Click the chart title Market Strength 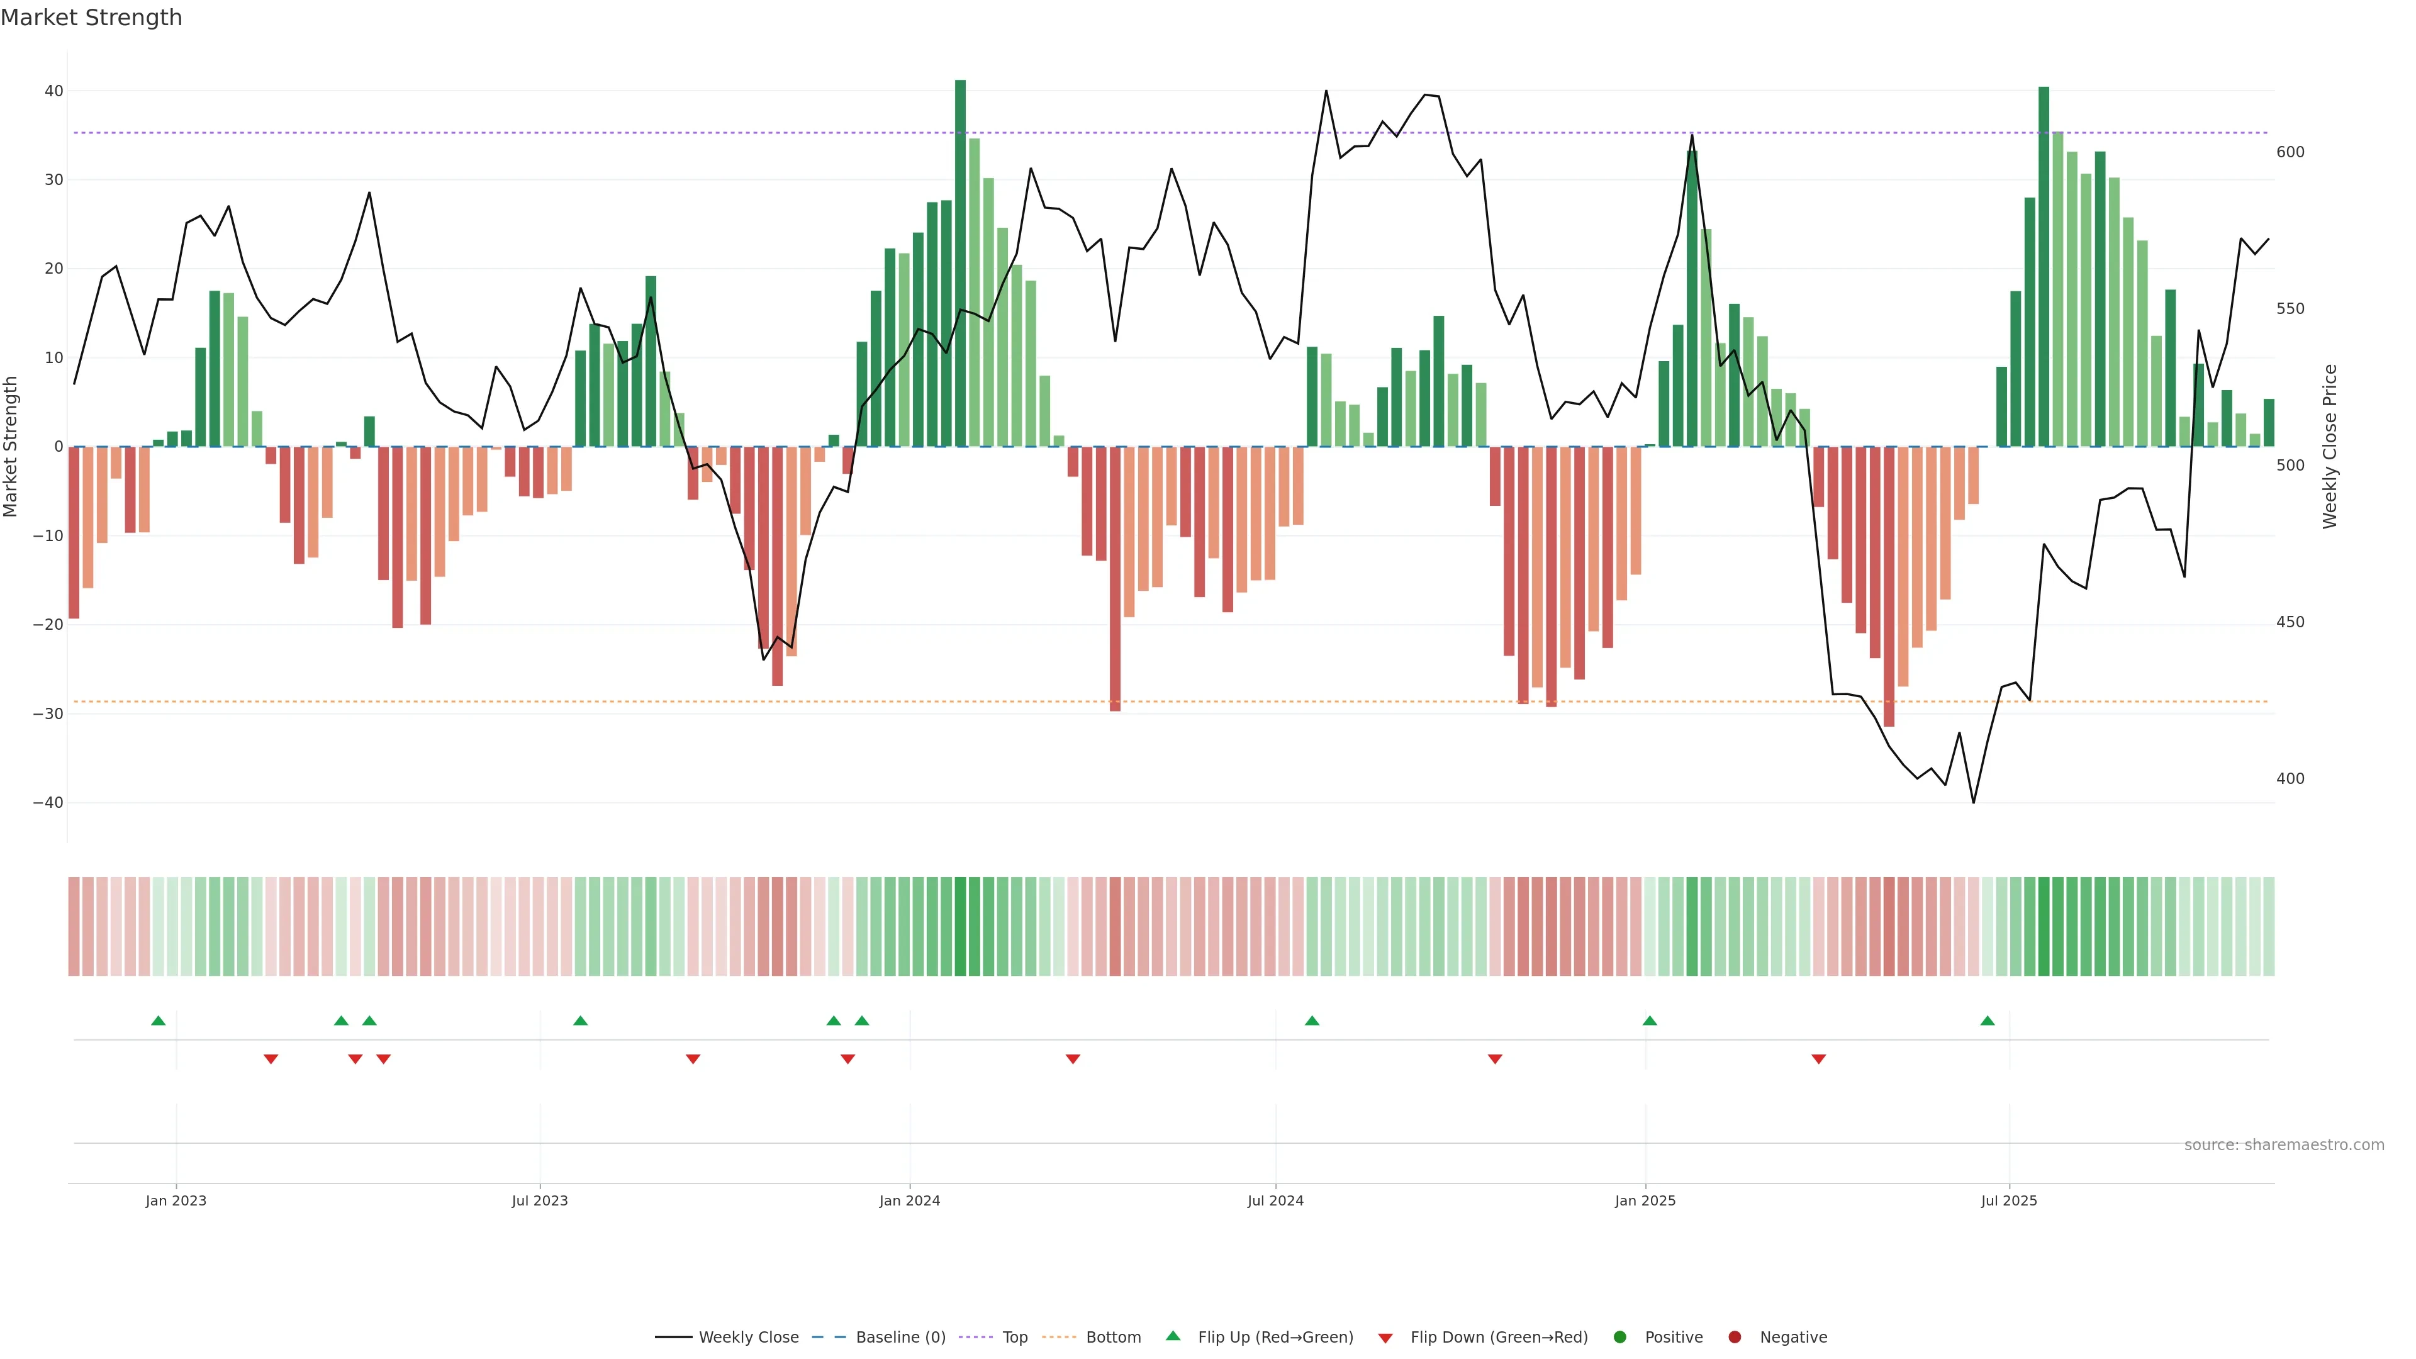point(91,18)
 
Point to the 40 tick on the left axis point(53,91)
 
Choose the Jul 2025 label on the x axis point(2008,1200)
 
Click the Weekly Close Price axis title point(2330,447)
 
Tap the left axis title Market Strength point(11,447)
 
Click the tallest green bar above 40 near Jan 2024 point(960,262)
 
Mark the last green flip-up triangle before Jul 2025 point(1988,1021)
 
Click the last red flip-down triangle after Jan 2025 point(1818,1059)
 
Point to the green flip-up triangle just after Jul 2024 point(1312,1021)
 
